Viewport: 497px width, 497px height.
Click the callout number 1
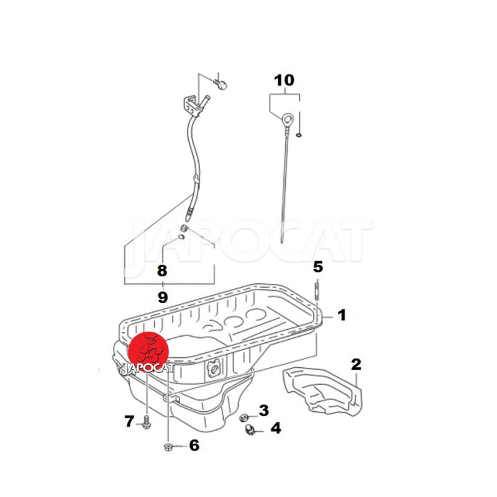[x=342, y=315]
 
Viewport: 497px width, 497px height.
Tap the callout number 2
[x=356, y=365]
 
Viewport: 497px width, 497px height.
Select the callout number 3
[x=263, y=410]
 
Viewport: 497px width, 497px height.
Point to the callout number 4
[x=275, y=428]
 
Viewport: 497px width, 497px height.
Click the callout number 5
[x=318, y=267]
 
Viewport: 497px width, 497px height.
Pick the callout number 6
[x=194, y=445]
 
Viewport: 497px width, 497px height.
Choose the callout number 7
[x=129, y=421]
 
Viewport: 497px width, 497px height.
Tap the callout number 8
[x=162, y=271]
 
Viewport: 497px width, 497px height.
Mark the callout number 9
[x=162, y=297]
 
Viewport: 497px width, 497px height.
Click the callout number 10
[x=285, y=81]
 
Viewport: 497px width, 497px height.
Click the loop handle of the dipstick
[x=287, y=120]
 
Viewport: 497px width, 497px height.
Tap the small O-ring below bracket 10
[x=299, y=135]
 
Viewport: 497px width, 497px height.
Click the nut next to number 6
[x=168, y=447]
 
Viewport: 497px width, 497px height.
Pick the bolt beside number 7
[x=147, y=422]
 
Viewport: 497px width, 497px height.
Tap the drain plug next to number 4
[x=250, y=429]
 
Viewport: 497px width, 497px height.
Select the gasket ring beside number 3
[x=244, y=417]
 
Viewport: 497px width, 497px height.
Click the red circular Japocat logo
[x=148, y=352]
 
